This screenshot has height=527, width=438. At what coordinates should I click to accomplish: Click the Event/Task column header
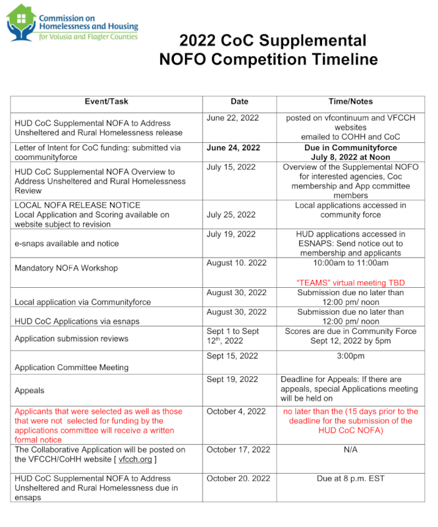click(106, 102)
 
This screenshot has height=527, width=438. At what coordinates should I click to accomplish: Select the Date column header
click(239, 102)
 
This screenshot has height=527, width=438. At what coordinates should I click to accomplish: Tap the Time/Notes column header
click(350, 102)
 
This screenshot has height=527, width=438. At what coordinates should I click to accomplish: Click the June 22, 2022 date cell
click(232, 118)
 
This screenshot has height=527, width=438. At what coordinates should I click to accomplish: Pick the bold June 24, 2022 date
click(233, 148)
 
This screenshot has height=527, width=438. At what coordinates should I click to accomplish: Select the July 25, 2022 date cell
click(231, 215)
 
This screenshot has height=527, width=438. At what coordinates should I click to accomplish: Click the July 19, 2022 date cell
click(231, 235)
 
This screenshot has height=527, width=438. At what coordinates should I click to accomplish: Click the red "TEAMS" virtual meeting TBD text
click(350, 283)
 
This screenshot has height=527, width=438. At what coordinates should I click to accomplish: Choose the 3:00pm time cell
click(350, 356)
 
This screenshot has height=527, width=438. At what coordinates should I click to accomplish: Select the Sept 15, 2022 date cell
click(232, 356)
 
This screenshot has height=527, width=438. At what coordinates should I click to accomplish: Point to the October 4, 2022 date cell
click(236, 412)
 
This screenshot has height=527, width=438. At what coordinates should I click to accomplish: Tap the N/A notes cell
click(350, 450)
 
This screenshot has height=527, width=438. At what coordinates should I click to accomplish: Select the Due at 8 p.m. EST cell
click(350, 479)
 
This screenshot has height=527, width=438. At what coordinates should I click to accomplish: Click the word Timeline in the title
click(337, 60)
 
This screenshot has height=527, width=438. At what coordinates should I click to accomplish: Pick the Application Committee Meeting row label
click(71, 367)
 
